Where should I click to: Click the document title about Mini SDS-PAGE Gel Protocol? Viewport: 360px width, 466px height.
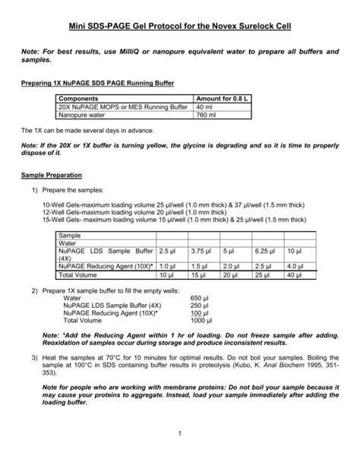180,27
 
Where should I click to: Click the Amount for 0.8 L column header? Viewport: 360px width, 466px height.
223,99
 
